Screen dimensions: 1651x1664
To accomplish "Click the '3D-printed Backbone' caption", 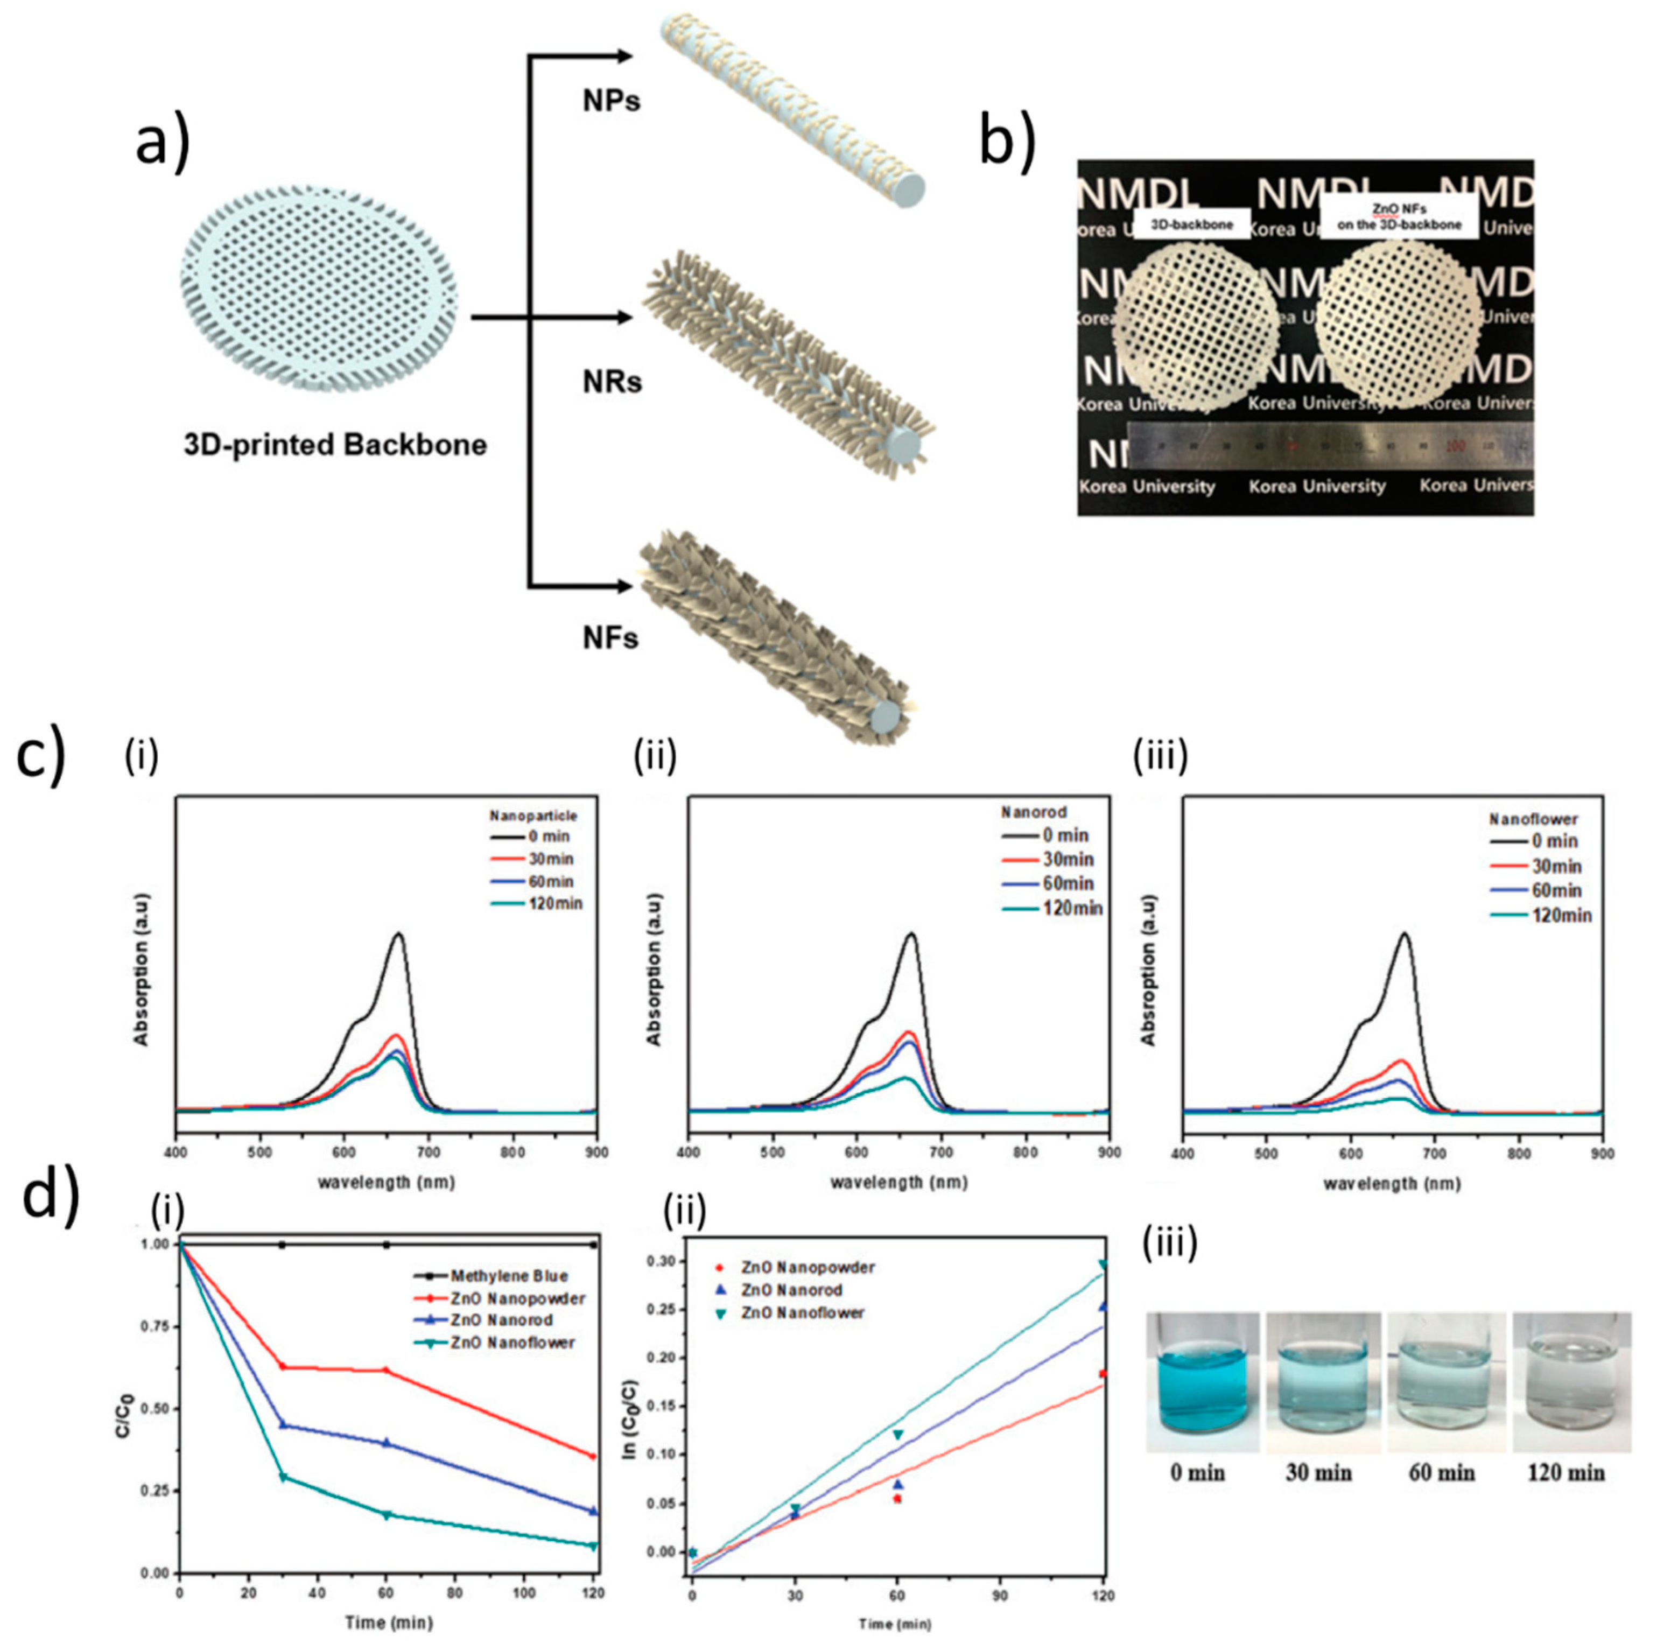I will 335,445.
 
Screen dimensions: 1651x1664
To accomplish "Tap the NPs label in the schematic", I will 612,101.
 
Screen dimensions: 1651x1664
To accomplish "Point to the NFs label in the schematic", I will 610,638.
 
